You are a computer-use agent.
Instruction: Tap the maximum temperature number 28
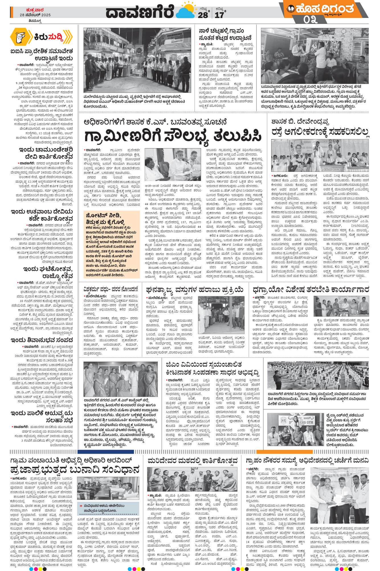[x=203, y=15]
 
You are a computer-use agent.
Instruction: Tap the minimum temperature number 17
[x=219, y=15]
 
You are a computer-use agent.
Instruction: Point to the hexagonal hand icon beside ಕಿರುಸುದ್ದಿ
[x=20, y=37]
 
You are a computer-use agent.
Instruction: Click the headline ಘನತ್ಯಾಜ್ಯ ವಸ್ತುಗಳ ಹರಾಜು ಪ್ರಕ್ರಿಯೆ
[x=195, y=290]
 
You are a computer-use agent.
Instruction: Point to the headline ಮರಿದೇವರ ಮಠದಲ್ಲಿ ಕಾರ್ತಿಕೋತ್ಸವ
[x=193, y=460]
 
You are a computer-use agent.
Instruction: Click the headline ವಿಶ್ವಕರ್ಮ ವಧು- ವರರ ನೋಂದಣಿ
[x=111, y=288]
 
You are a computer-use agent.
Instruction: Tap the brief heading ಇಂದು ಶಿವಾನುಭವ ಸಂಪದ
[x=42, y=340]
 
